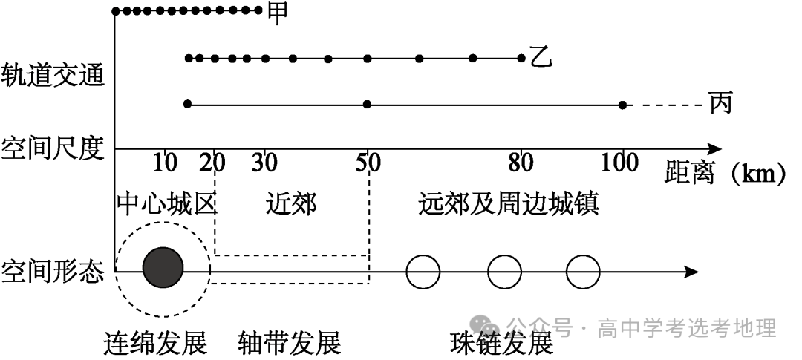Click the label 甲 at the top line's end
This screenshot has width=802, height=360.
point(277,13)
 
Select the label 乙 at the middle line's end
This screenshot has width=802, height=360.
point(541,57)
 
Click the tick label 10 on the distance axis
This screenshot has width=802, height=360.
point(165,163)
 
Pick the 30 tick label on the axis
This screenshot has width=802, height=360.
point(264,163)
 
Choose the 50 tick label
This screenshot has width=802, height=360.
point(368,163)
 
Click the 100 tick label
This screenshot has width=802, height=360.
point(619,163)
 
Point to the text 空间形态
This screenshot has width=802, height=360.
point(53,271)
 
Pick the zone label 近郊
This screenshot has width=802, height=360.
point(290,203)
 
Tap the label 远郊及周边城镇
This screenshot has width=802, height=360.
point(509,203)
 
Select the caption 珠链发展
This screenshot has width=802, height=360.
point(502,344)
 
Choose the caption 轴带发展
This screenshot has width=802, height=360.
point(289,344)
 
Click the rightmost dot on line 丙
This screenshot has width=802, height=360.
point(622,105)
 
